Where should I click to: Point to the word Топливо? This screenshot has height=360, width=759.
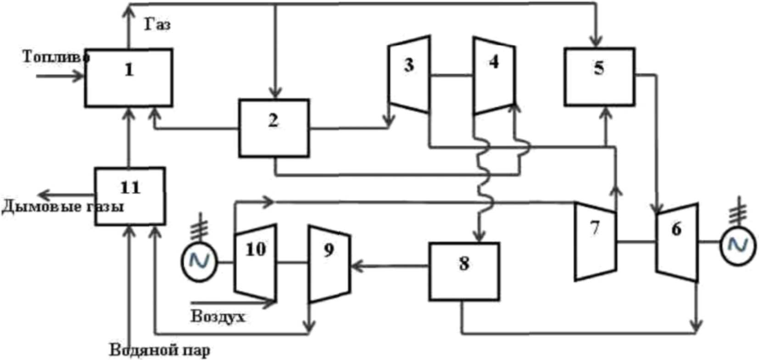point(56,57)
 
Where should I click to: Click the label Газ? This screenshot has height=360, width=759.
point(158,24)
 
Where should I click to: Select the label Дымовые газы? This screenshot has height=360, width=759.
point(63,207)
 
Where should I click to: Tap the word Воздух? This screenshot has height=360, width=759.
point(218,317)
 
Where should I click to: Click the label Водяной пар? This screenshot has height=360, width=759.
point(160,350)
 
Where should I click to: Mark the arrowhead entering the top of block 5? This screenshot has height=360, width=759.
point(597,41)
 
